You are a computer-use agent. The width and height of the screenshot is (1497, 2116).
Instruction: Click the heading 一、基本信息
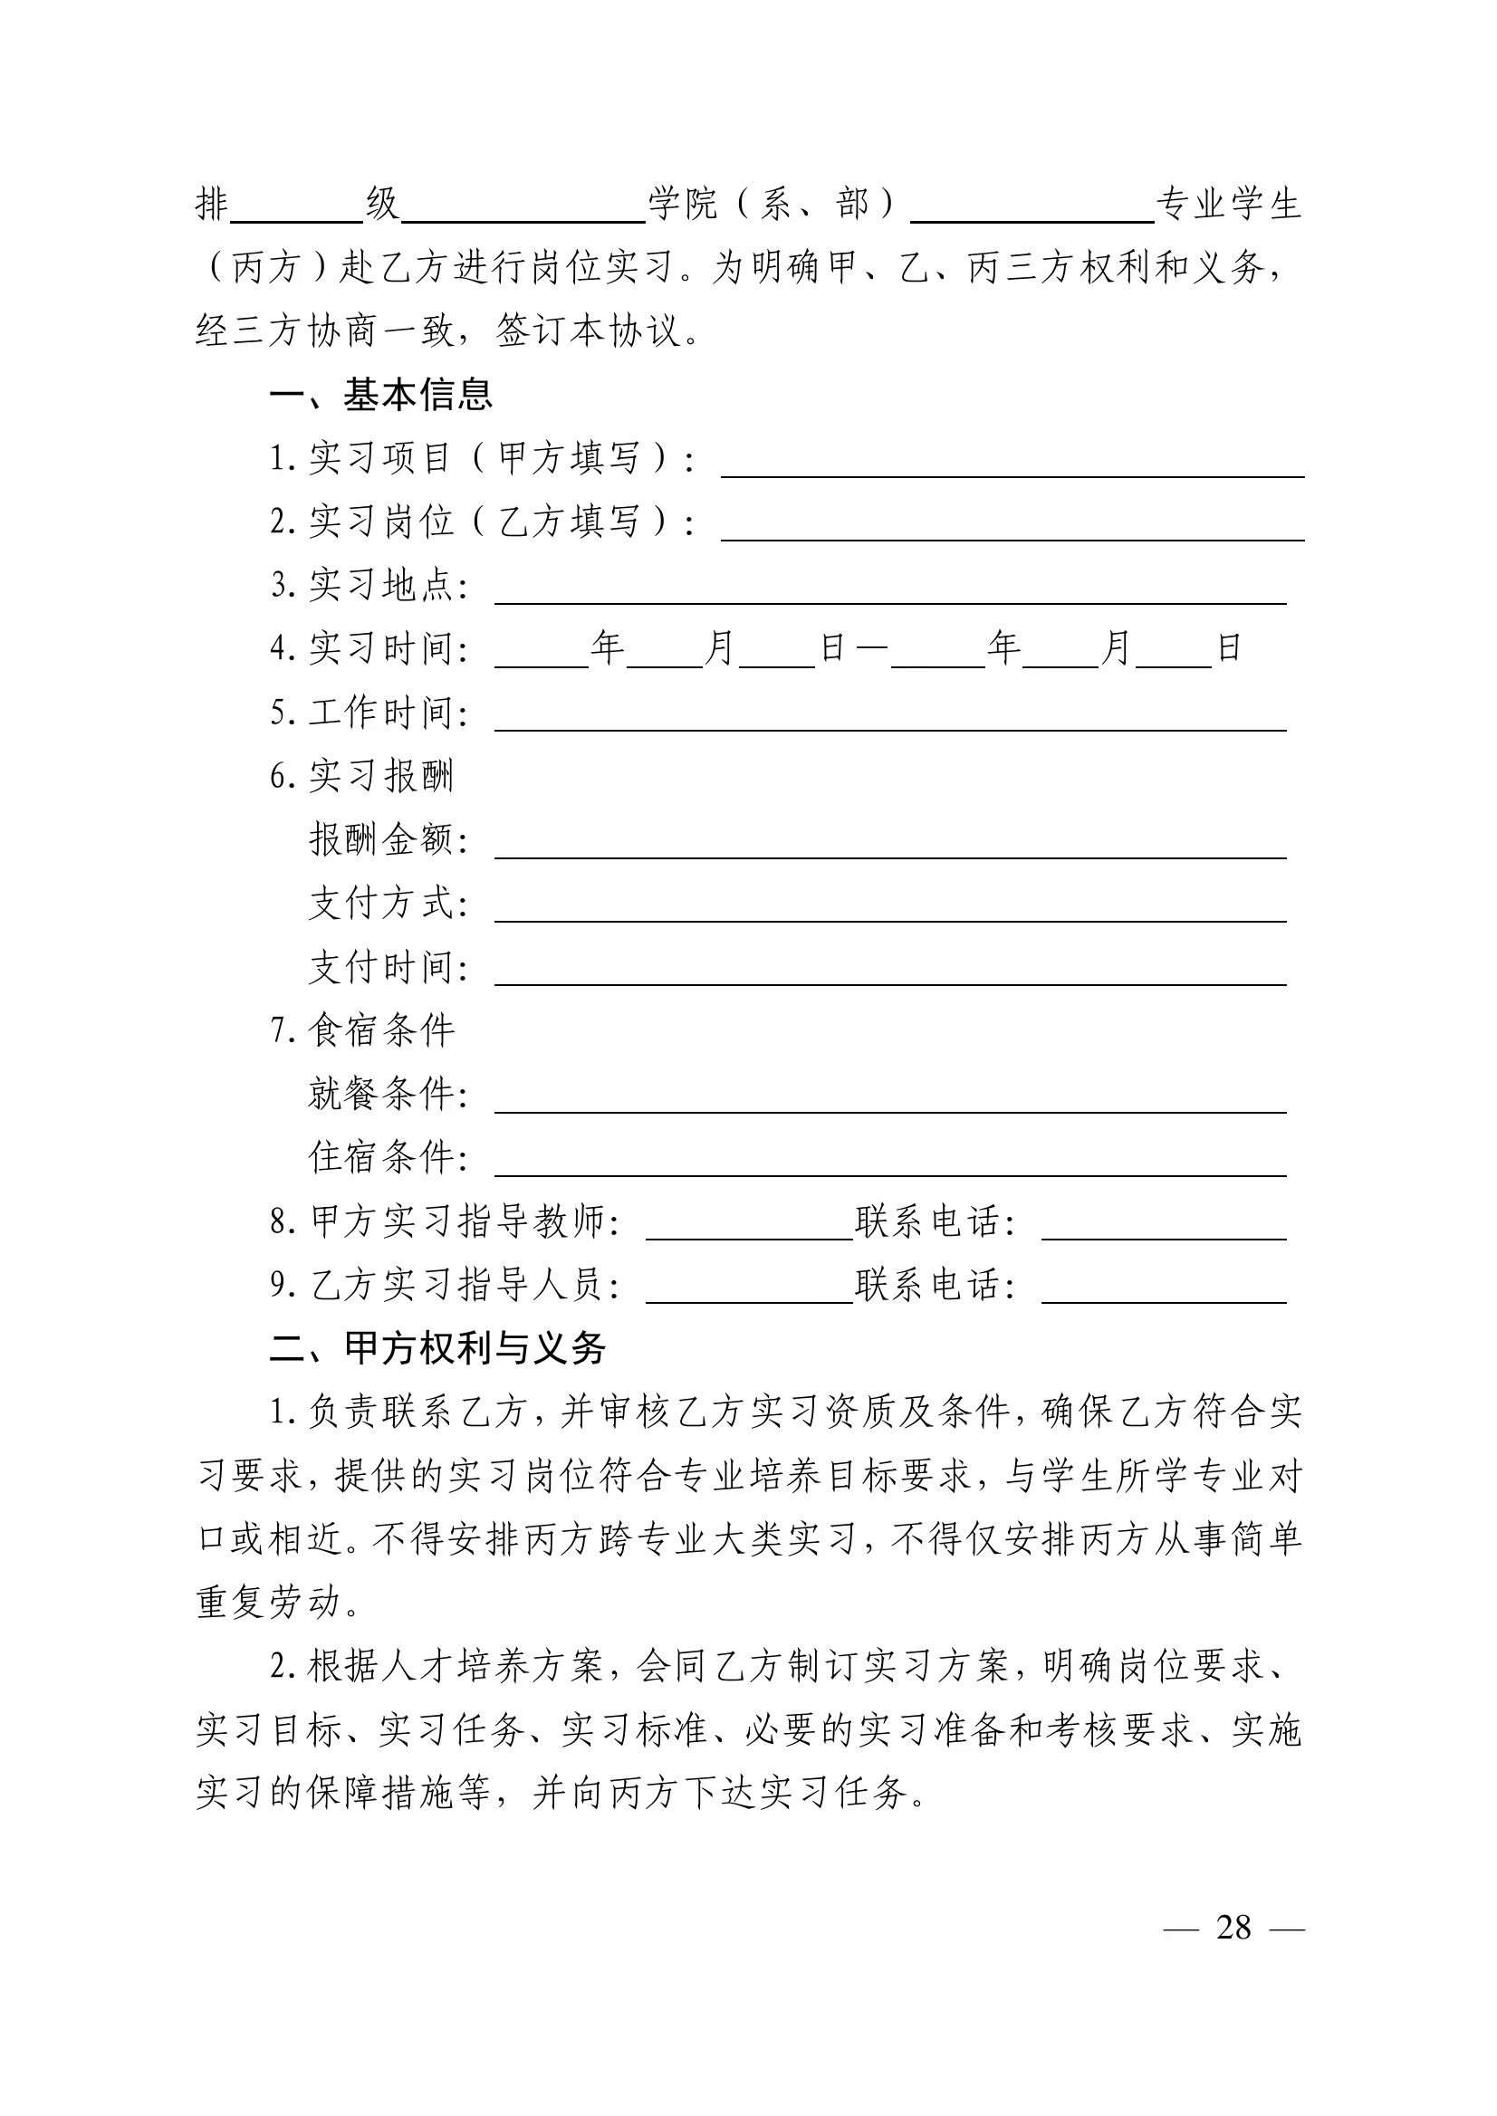(381, 396)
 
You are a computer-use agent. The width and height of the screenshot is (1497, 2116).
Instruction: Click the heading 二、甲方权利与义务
(437, 1348)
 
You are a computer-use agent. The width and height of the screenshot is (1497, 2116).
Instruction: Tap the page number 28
(1233, 1927)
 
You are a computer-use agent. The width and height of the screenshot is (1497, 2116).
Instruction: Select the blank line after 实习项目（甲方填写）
(1012, 466)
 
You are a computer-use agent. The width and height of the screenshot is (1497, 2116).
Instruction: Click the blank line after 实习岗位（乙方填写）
(1012, 530)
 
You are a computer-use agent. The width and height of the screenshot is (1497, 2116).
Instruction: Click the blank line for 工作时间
(890, 721)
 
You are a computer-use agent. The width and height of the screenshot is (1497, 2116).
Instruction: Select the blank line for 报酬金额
(890, 847)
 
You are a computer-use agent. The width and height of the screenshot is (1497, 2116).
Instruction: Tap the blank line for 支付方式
(890, 912)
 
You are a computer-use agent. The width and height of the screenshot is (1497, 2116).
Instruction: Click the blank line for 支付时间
(890, 975)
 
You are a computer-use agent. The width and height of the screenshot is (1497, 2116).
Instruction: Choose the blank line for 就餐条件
(890, 1102)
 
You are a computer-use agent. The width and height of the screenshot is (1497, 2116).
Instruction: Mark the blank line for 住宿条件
(890, 1166)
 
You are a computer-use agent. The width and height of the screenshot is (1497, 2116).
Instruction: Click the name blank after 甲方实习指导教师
(750, 1230)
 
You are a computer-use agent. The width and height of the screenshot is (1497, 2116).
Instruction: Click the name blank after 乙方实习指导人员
(750, 1293)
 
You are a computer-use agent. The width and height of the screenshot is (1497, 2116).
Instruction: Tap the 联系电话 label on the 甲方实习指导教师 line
(935, 1222)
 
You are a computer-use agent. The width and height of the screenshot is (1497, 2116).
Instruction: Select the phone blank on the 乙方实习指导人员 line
(1164, 1293)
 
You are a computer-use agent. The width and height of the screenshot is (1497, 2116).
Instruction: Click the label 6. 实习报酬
(362, 776)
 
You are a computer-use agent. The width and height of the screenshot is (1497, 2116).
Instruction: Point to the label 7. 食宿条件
(362, 1030)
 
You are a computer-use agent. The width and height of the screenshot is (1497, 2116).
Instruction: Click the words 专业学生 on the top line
(1229, 205)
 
